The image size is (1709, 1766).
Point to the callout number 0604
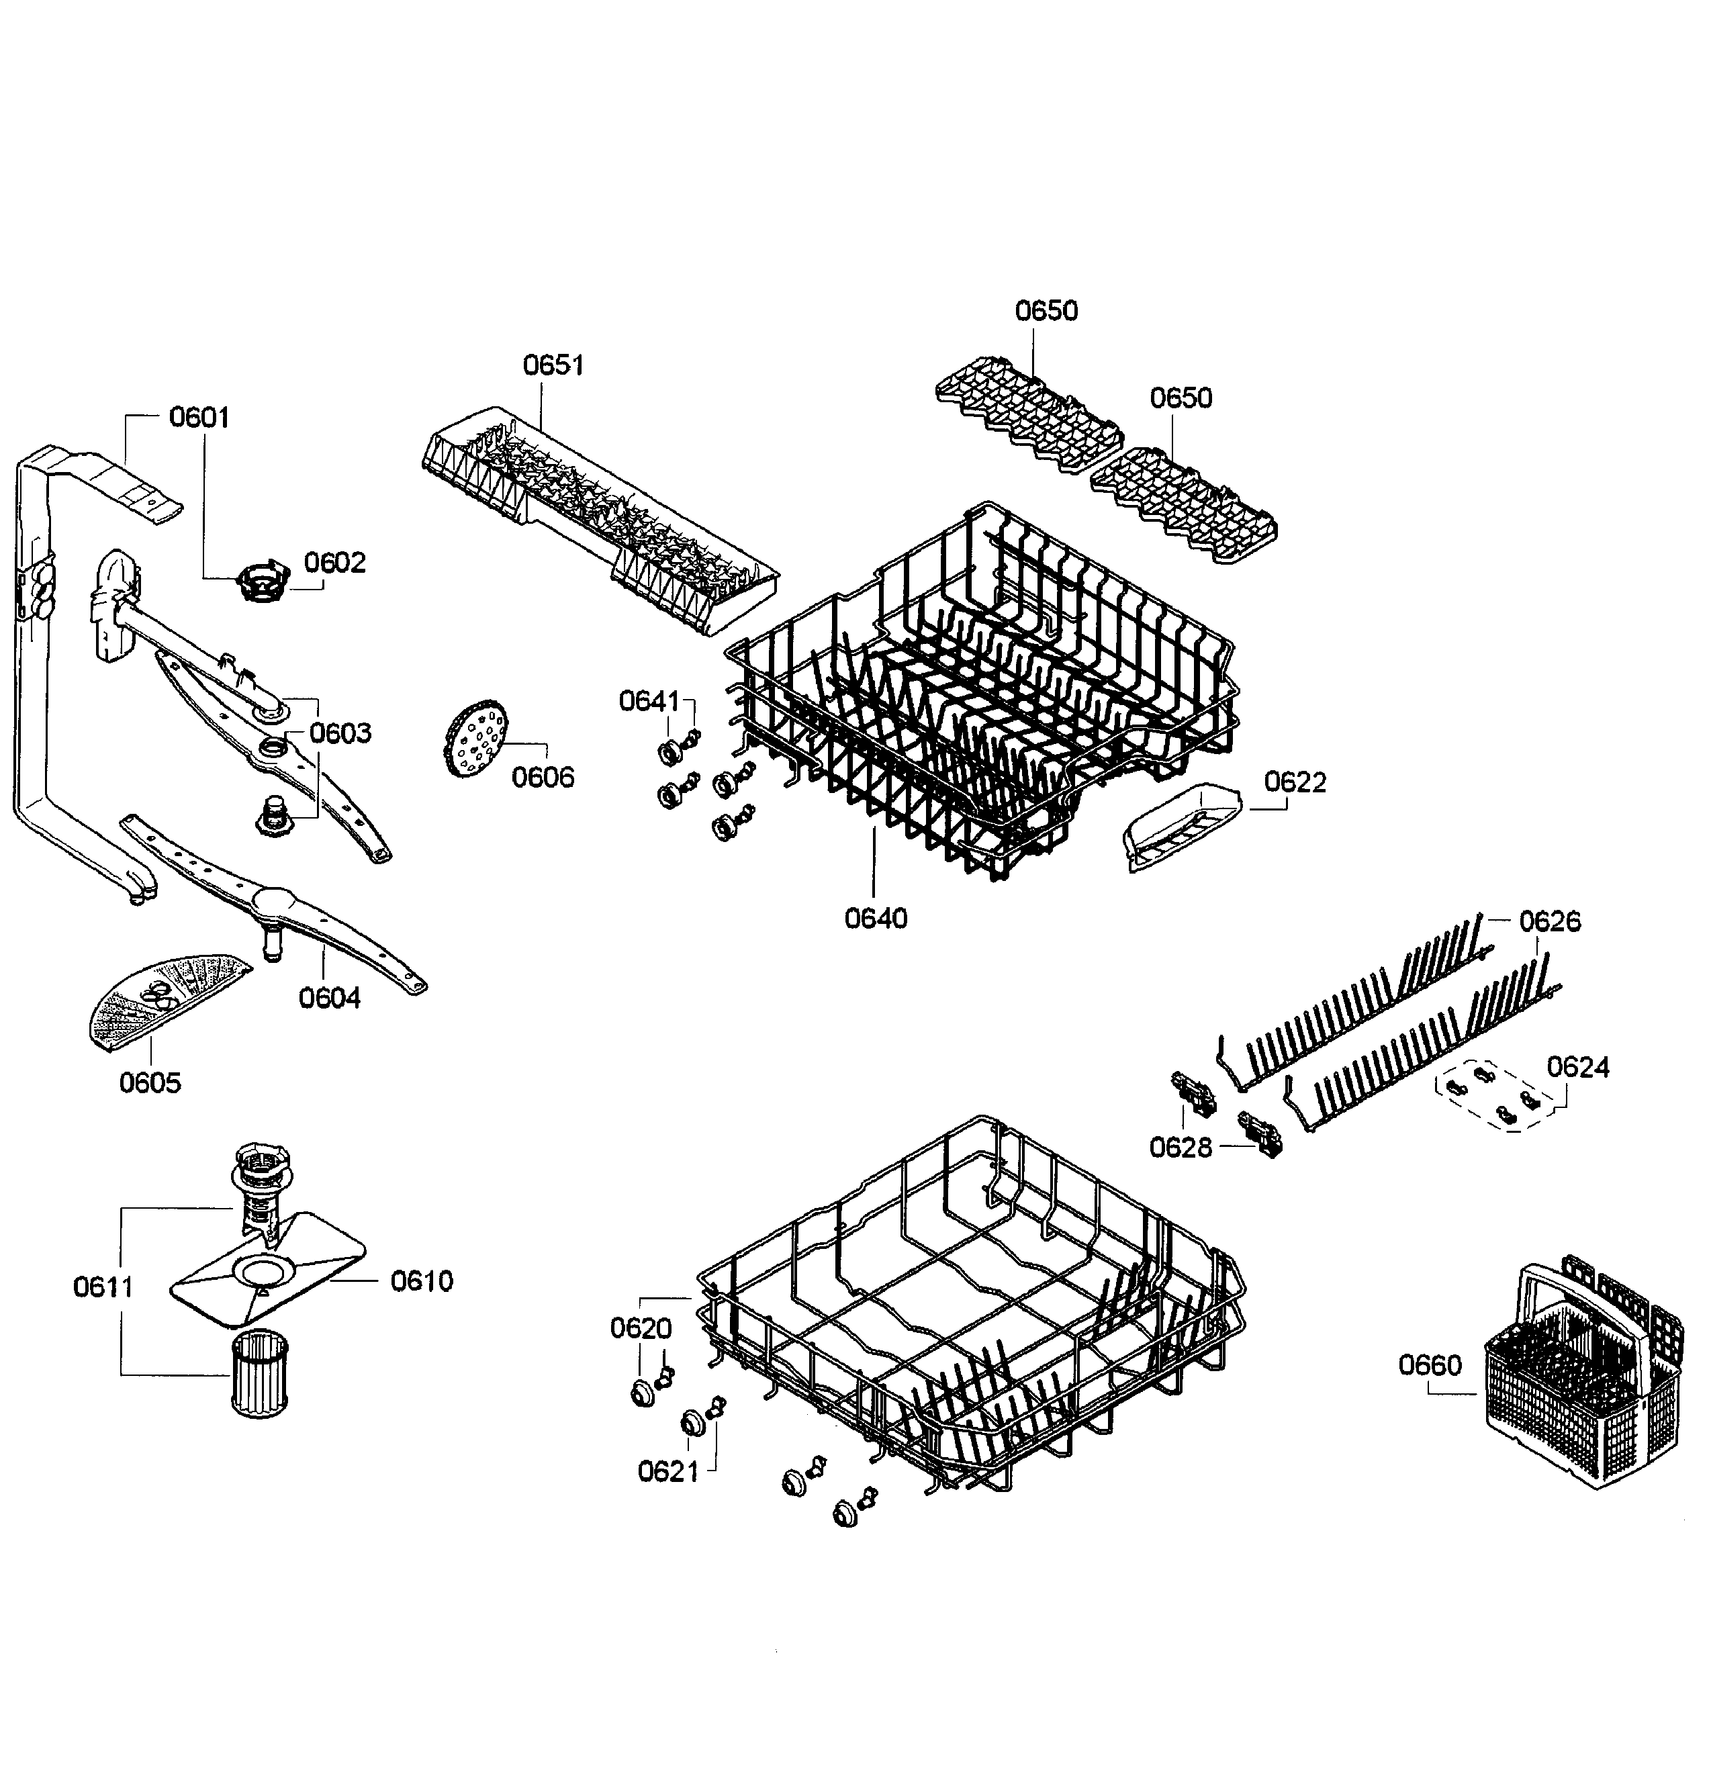(x=329, y=998)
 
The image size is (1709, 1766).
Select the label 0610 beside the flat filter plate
(x=421, y=1281)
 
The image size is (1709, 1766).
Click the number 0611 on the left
(x=103, y=1287)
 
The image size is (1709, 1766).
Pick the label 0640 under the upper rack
(x=875, y=919)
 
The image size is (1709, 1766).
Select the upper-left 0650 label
(x=1046, y=310)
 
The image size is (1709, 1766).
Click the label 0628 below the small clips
(x=1180, y=1148)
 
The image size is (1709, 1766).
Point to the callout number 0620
(x=641, y=1328)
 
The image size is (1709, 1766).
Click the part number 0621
(x=668, y=1473)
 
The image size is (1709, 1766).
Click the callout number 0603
(x=340, y=733)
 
